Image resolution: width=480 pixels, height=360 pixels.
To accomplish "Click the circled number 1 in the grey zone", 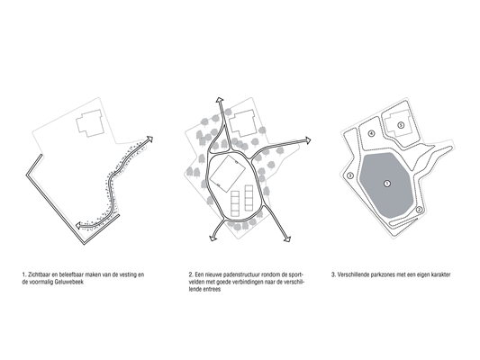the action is pyautogui.click(x=387, y=184).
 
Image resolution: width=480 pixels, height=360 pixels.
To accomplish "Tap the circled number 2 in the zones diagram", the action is pyautogui.click(x=419, y=210).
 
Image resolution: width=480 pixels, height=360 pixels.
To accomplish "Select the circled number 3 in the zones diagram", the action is pyautogui.click(x=350, y=175).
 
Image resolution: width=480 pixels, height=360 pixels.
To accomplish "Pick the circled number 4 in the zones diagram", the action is pyautogui.click(x=371, y=133).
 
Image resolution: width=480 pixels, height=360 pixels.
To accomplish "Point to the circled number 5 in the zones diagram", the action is pyautogui.click(x=401, y=125).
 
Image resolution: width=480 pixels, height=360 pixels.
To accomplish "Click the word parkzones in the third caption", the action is pyautogui.click(x=383, y=274).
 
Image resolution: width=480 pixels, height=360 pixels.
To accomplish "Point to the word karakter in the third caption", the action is pyautogui.click(x=439, y=274).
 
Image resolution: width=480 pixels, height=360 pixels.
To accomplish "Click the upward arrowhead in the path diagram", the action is pyautogui.click(x=220, y=101).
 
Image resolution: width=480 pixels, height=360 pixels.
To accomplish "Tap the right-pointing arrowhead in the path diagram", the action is pyautogui.click(x=307, y=140).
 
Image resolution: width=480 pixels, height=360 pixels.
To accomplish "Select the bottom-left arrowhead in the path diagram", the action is pyautogui.click(x=213, y=238).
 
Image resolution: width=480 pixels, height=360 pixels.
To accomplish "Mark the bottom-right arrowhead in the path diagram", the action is pyautogui.click(x=287, y=238).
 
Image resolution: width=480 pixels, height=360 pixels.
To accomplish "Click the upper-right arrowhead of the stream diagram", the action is pyautogui.click(x=149, y=139).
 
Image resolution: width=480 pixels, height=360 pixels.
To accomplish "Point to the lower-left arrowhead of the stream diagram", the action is pyautogui.click(x=78, y=226).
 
